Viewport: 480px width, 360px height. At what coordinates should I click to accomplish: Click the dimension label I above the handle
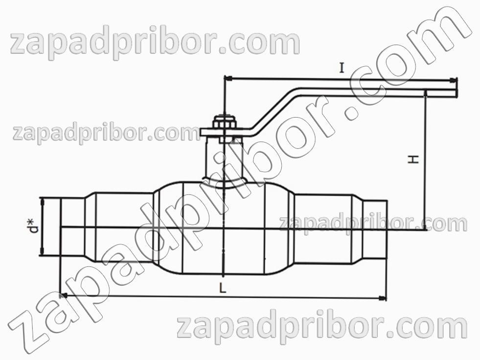point(342,68)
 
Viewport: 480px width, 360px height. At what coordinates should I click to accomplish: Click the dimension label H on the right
point(413,159)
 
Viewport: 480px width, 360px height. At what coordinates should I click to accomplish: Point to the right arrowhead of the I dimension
point(453,80)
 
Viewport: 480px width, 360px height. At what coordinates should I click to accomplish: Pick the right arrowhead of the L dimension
point(382,298)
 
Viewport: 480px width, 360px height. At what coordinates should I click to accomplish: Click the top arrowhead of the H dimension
point(426,94)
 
